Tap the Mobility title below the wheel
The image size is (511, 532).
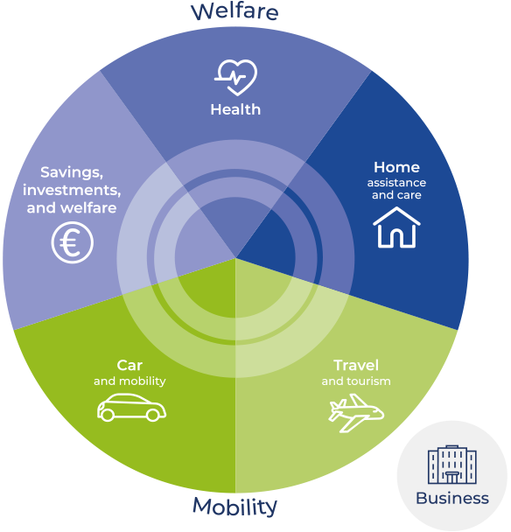pos(234,507)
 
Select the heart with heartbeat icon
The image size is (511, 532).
pos(236,78)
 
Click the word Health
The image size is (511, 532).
pos(235,109)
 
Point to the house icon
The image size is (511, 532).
pos(396,227)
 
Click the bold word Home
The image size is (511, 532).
pos(396,167)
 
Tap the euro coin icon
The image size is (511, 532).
pos(73,242)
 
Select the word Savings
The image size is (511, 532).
pos(72,172)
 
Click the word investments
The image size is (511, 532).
pos(72,190)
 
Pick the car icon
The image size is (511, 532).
pos(131,407)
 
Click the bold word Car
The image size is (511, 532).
pos(129,366)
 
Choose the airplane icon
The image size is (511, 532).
pos(356,413)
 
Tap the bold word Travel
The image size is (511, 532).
pos(356,366)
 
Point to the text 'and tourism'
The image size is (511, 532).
pos(356,381)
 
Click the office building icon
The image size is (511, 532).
pos(452,464)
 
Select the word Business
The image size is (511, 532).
pos(452,499)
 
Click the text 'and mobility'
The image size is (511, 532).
pos(129,381)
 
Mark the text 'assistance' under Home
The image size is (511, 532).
pos(396,183)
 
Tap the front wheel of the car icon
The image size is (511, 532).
pos(153,415)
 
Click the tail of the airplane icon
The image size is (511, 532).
pos(336,406)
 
